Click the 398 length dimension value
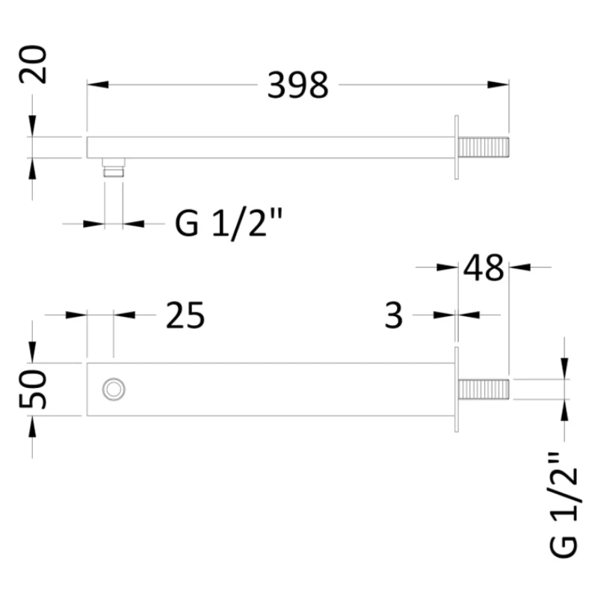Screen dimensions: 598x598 click(x=298, y=85)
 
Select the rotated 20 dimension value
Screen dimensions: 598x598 click(x=33, y=64)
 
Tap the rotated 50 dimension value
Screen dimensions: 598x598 click(x=33, y=389)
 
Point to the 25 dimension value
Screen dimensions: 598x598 click(x=185, y=315)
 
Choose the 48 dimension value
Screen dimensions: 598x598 click(x=483, y=268)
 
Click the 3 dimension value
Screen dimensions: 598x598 click(x=394, y=315)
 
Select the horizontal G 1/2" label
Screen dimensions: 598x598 click(x=229, y=224)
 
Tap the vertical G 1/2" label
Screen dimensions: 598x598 click(x=564, y=505)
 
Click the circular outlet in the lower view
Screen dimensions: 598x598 click(x=114, y=389)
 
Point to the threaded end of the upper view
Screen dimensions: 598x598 click(x=484, y=147)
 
